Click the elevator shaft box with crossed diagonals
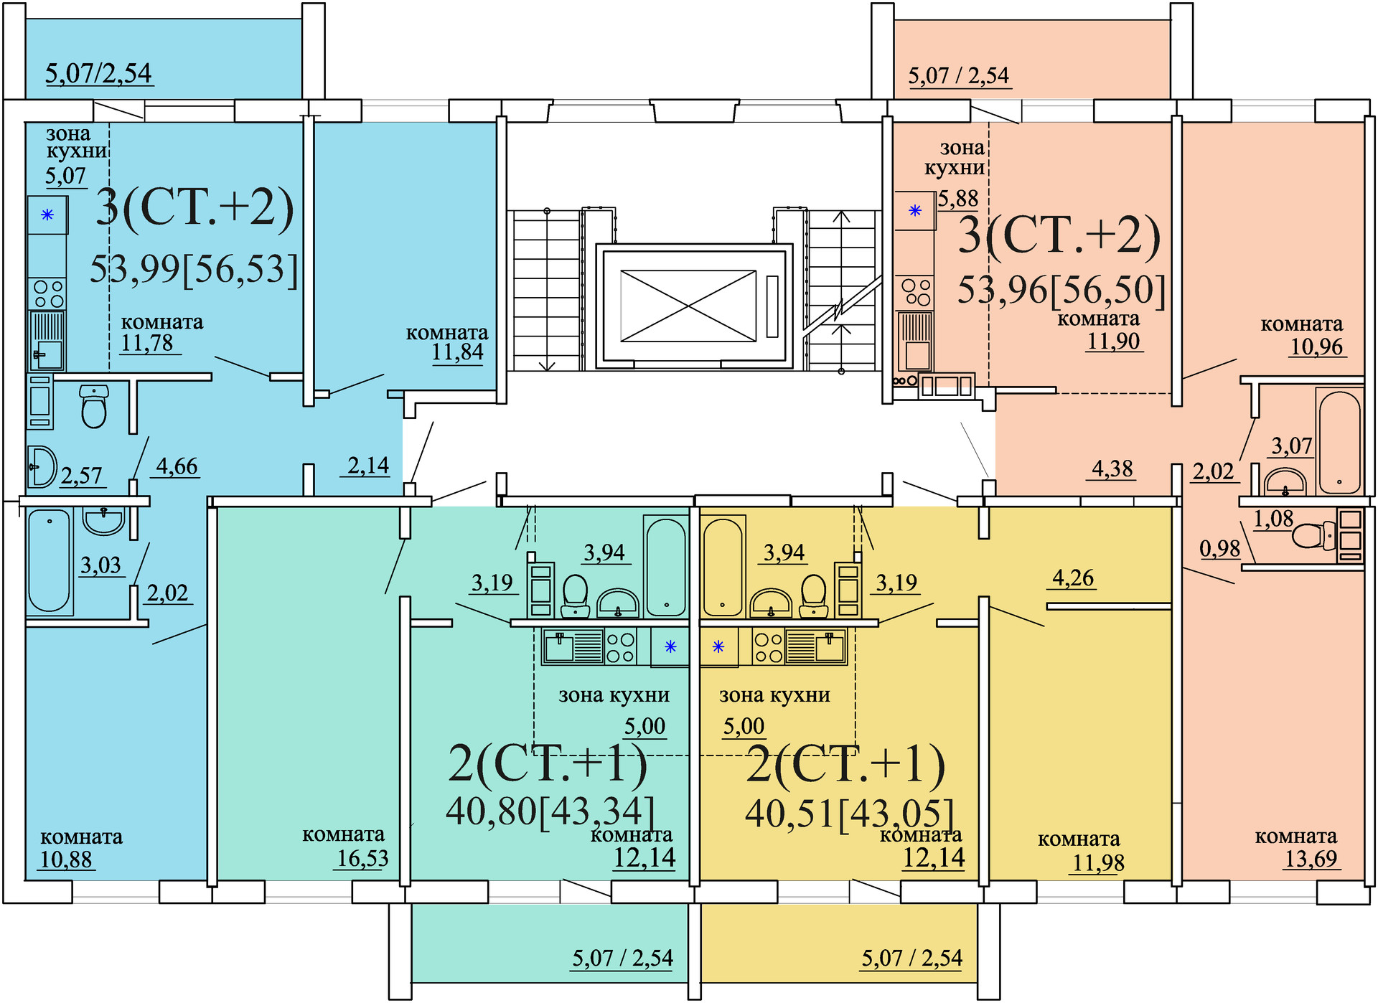pyautogui.click(x=688, y=306)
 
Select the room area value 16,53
pyautogui.click(x=362, y=858)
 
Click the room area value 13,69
pyautogui.click(x=1311, y=858)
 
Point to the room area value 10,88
pyautogui.click(x=66, y=859)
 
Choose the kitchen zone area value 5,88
pyautogui.click(x=958, y=199)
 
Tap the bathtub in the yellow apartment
pyautogui.click(x=723, y=568)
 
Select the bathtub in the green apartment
pyautogui.click(x=665, y=568)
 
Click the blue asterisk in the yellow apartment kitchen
pyautogui.click(x=718, y=647)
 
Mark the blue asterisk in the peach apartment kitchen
pyautogui.click(x=915, y=211)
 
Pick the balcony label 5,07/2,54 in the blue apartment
pyautogui.click(x=98, y=73)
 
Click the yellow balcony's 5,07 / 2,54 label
pyautogui.click(x=911, y=958)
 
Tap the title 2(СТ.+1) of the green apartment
pyautogui.click(x=547, y=763)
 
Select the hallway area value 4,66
pyautogui.click(x=177, y=466)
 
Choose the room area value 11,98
pyautogui.click(x=1098, y=862)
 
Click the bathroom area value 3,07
pyautogui.click(x=1291, y=446)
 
